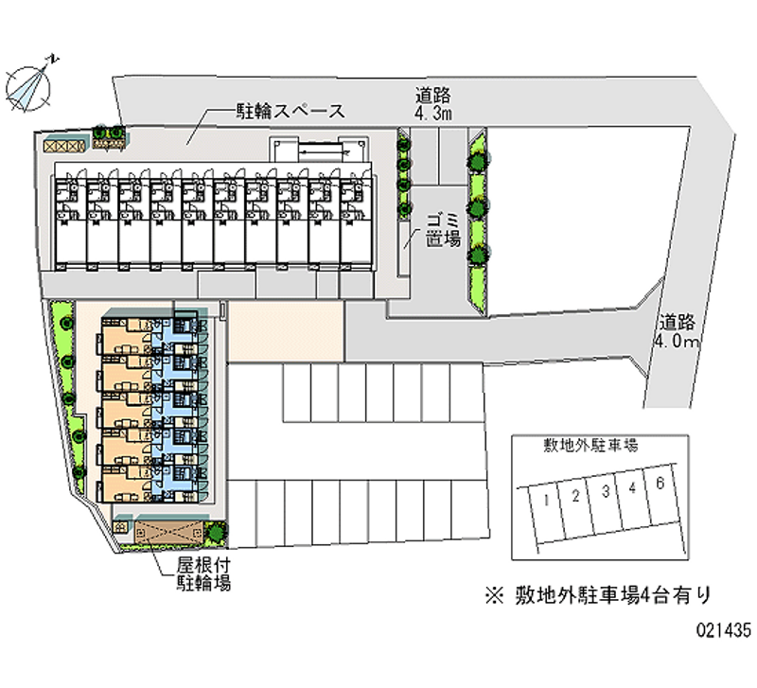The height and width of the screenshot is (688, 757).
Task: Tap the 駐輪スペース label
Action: tap(290, 111)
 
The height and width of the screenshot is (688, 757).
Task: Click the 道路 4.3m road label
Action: tap(434, 104)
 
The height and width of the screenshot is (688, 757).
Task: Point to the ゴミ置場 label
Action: tap(442, 229)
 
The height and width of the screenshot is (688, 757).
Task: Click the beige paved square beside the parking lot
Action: tap(285, 332)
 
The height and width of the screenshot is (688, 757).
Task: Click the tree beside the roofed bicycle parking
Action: tap(217, 532)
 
